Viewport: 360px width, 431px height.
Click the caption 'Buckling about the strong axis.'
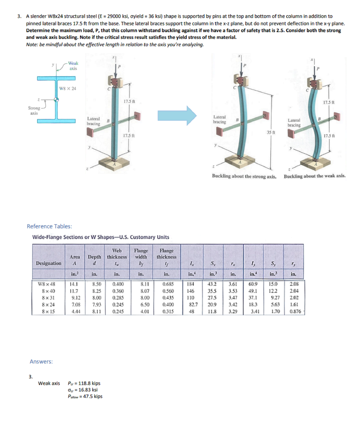(244, 176)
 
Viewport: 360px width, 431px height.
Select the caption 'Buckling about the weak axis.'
(315, 176)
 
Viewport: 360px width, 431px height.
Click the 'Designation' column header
(49, 263)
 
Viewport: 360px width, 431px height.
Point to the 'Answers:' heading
(41, 362)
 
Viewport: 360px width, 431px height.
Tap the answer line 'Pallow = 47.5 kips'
(85, 396)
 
